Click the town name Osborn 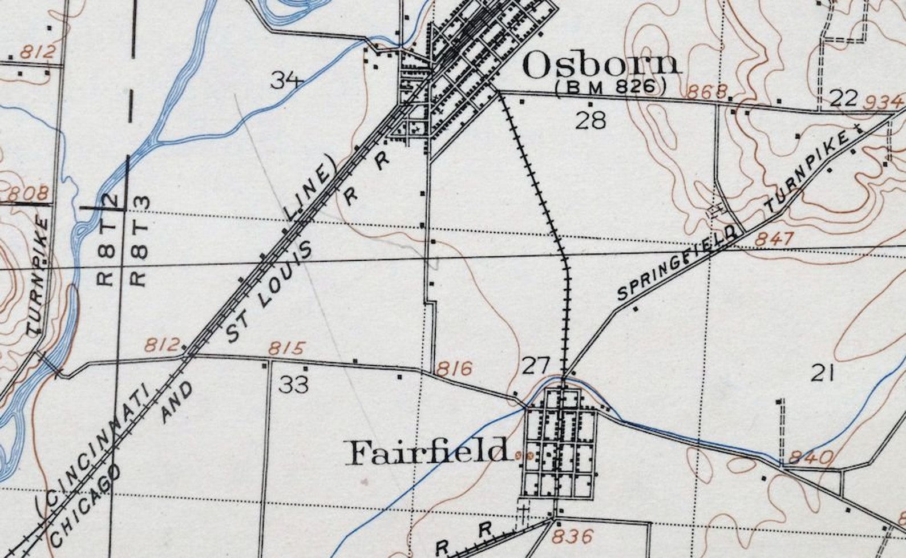(601, 65)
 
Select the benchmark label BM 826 (610, 87)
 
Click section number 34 (286, 80)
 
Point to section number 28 (590, 120)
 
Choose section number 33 (294, 385)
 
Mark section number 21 (823, 374)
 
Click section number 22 (843, 98)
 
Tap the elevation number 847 (774, 238)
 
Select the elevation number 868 (707, 91)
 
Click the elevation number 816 (454, 369)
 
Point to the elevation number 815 (287, 348)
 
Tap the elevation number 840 (811, 458)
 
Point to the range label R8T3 (140, 241)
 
